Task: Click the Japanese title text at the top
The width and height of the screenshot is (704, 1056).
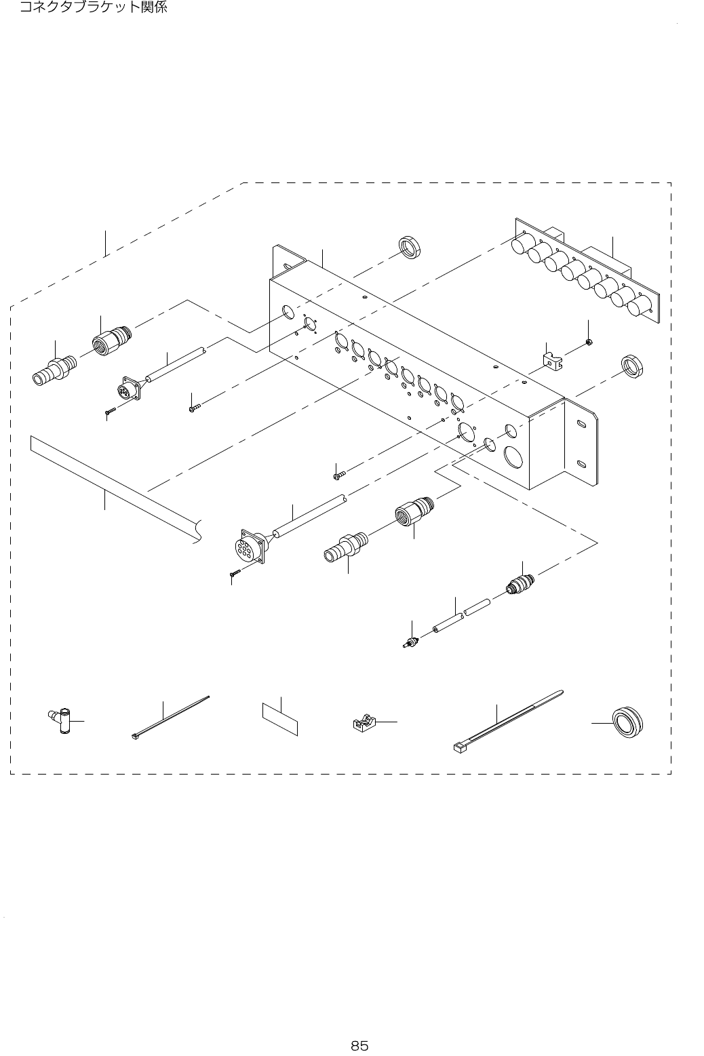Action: tap(93, 8)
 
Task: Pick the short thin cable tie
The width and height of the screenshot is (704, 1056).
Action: tap(170, 717)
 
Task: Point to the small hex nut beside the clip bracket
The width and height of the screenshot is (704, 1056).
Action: tap(589, 342)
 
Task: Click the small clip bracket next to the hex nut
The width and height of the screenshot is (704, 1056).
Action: tap(555, 361)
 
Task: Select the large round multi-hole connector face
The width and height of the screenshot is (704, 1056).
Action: tap(248, 547)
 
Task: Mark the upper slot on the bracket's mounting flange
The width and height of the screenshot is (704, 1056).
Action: tap(582, 425)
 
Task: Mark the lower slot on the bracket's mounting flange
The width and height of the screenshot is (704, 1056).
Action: tap(582, 464)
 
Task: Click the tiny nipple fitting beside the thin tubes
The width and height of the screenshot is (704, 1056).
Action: tap(411, 642)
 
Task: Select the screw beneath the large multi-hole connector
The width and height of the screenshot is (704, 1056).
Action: tap(235, 574)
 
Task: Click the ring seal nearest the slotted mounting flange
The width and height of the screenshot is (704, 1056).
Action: tap(633, 366)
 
